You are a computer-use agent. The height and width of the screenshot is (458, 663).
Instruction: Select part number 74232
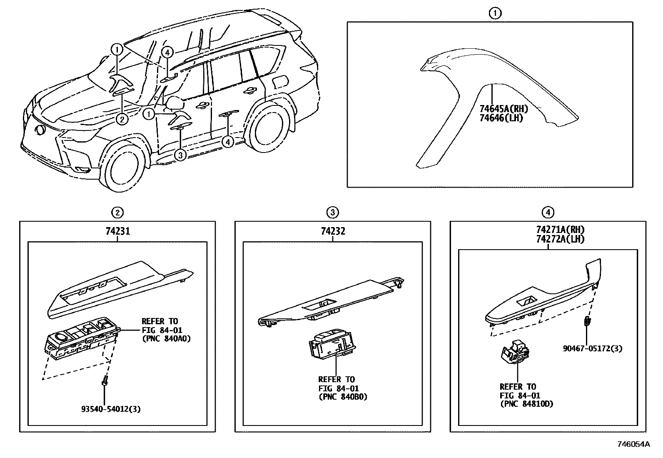click(333, 231)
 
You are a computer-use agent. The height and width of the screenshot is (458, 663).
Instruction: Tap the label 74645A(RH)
click(503, 109)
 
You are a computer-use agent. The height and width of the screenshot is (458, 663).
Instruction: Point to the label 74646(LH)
click(501, 118)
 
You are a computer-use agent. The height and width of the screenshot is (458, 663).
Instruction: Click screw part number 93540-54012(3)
click(111, 409)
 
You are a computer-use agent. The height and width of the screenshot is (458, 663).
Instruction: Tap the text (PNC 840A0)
click(166, 338)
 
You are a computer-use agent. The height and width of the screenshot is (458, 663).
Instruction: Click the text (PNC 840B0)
click(342, 397)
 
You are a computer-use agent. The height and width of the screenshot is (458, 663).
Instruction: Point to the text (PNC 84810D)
click(526, 404)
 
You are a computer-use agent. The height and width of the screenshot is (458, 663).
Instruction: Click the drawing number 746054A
click(633, 444)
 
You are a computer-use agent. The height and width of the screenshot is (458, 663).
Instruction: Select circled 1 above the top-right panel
click(494, 13)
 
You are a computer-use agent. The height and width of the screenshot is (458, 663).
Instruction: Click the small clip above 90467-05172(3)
click(586, 321)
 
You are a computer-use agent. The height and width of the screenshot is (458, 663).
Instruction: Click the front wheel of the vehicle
click(124, 166)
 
